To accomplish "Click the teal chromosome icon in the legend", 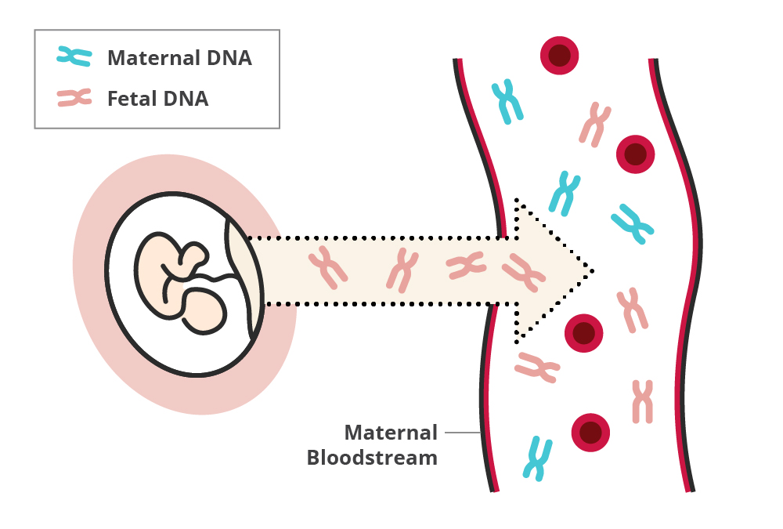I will point(74,56).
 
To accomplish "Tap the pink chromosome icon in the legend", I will point(74,98).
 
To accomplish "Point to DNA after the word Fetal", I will point(185,100).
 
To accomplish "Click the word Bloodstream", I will point(372,458).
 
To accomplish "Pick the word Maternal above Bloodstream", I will point(391,433).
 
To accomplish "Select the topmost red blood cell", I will point(559,56).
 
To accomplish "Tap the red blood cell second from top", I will point(635,154).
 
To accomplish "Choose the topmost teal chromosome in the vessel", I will point(507,101).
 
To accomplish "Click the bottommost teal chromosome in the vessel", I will point(537,458).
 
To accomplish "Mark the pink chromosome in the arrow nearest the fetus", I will point(328,266).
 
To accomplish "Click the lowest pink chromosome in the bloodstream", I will point(642,400).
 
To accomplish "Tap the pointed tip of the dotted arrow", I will point(591,271).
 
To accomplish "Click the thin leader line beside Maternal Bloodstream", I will point(462,433).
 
